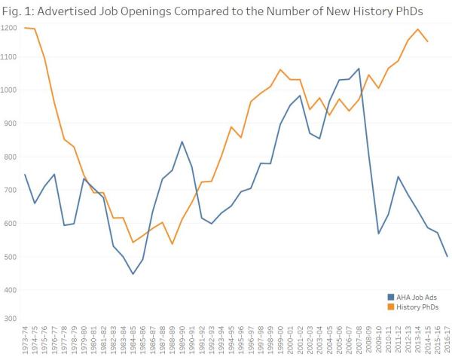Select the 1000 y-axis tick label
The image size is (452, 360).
pos(9,90)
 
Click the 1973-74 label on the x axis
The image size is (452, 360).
pos(26,341)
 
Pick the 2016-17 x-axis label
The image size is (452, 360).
pos(447,341)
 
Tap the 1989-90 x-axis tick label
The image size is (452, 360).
pos(182,341)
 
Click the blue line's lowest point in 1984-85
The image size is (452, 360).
pos(133,273)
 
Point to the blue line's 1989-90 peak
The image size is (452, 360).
pos(182,142)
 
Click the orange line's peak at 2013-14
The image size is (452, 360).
pos(417,29)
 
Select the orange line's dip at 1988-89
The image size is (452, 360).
pos(173,244)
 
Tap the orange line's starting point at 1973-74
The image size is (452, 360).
pos(26,28)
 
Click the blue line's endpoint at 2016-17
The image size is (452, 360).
pos(447,256)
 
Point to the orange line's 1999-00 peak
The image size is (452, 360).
pos(280,69)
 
